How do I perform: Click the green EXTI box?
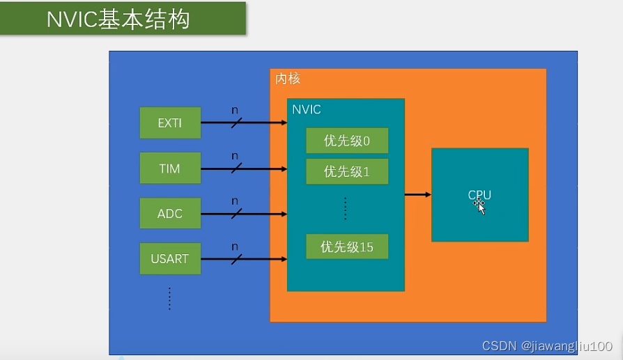(170, 123)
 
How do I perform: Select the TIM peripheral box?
(170, 169)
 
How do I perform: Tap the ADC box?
(170, 214)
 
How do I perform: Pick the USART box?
(170, 259)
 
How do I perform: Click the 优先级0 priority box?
(346, 141)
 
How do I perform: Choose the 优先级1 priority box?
(346, 171)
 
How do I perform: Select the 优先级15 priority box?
(346, 246)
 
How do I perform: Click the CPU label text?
(479, 194)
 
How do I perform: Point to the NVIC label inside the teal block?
(307, 110)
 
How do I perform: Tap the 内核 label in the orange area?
(288, 79)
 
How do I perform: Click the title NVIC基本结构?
(118, 19)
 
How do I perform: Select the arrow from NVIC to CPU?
(417, 194)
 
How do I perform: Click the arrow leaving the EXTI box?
(244, 123)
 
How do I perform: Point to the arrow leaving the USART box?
(244, 259)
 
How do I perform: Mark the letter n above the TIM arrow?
(235, 156)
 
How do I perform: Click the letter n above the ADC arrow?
(235, 201)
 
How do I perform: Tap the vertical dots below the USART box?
(169, 297)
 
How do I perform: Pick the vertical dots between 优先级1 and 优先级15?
(346, 208)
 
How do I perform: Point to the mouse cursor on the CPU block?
(480, 207)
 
